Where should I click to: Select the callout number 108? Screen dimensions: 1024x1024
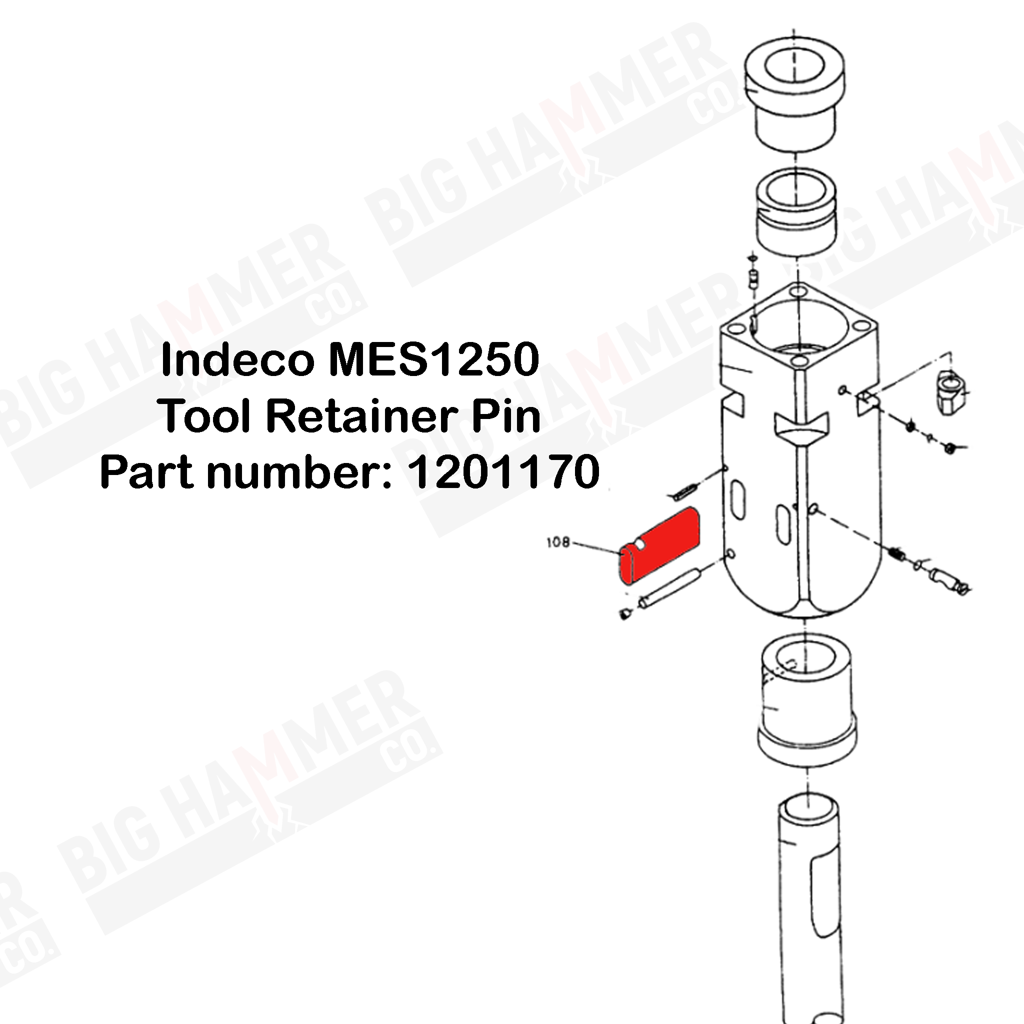557,542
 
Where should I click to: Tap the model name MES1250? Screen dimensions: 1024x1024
433,361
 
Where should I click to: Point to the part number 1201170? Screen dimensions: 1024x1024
502,472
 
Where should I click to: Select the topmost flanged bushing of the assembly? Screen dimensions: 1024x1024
793,98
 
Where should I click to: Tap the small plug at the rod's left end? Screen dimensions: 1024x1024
625,614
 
